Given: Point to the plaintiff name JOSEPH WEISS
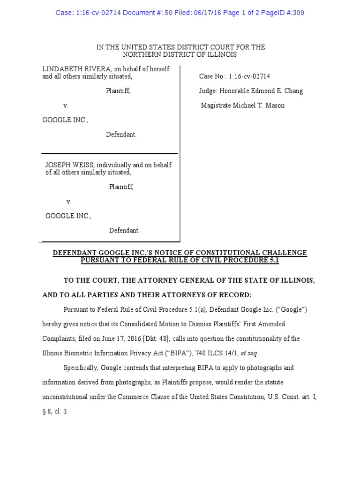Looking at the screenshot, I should coord(65,165).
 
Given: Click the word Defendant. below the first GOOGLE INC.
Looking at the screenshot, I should coord(121,135).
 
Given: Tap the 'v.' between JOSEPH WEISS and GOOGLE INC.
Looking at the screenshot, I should coord(69,202).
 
